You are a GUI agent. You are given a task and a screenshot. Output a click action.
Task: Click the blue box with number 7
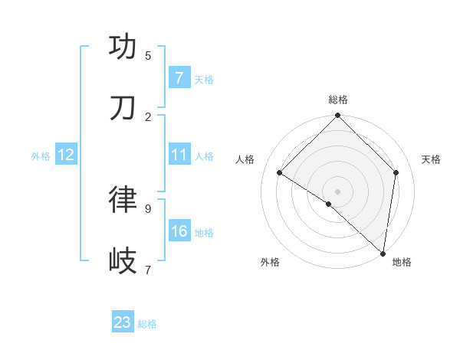[x=179, y=77]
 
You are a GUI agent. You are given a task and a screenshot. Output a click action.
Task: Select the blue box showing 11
[x=179, y=155]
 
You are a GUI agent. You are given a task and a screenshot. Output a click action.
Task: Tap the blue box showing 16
[x=179, y=231]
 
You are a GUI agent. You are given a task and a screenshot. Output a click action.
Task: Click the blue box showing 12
[x=65, y=155]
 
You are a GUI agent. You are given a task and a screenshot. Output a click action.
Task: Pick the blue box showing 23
[x=123, y=322]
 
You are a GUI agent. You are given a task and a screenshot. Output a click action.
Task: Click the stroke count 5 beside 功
[x=148, y=55]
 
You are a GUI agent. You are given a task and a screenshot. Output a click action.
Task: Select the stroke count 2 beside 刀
[x=148, y=116]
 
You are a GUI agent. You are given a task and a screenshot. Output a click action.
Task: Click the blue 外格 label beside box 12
[x=41, y=156]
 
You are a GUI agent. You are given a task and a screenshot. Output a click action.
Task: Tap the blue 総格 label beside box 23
[x=147, y=324]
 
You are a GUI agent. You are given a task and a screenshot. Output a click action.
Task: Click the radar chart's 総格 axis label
[x=337, y=100]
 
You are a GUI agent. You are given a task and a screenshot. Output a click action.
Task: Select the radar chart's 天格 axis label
[x=431, y=159]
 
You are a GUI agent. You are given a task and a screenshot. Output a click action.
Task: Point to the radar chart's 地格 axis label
[x=402, y=262]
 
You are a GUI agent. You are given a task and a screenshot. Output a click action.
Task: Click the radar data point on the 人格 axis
[x=280, y=173]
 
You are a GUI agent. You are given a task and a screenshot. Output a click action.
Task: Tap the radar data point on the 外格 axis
[x=329, y=204]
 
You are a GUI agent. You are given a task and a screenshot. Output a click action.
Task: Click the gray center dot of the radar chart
[x=337, y=191]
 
